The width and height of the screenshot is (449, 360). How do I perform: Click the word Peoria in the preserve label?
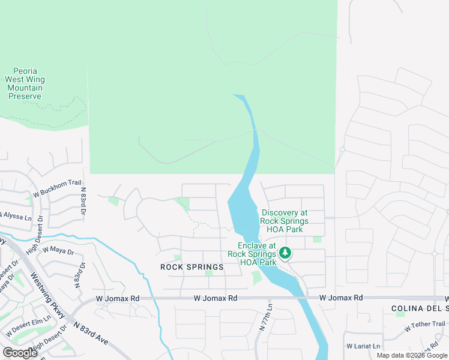click(x=25, y=71)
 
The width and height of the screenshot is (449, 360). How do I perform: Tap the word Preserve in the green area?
click(x=25, y=96)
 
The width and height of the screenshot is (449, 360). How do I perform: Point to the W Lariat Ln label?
click(x=363, y=346)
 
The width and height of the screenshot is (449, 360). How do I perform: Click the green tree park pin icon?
click(x=286, y=253)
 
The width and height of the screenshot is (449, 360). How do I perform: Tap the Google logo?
click(x=19, y=352)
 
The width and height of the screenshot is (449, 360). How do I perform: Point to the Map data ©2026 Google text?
click(x=411, y=355)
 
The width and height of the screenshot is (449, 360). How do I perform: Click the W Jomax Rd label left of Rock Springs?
click(x=118, y=298)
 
